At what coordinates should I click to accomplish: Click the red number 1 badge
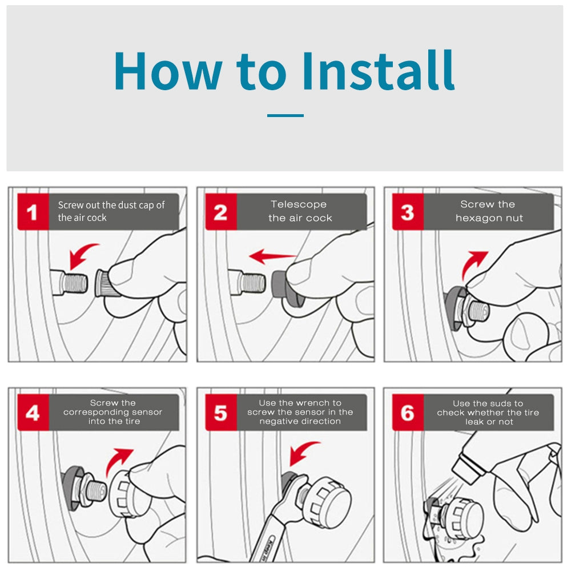point(33,212)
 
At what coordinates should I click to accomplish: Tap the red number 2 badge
point(221,212)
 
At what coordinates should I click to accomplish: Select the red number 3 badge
point(408,212)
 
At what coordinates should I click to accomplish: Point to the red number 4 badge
point(33,412)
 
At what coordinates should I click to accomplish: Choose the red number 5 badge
point(221,412)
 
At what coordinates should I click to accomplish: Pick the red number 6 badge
point(408,412)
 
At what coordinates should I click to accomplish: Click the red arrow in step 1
point(81,253)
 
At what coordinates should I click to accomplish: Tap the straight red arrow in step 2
point(272,256)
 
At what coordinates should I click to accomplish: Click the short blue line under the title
point(285,115)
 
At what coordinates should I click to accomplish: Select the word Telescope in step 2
point(299,204)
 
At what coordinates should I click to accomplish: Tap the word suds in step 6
point(500,404)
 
